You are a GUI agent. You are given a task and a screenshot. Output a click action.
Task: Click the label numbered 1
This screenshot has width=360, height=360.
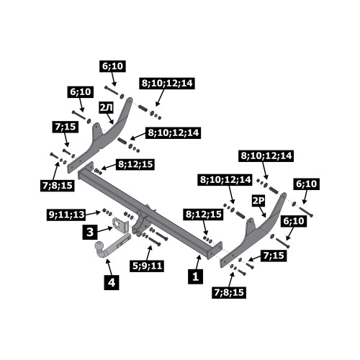196,276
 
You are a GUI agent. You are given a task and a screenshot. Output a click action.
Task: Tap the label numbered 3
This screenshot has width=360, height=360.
90,232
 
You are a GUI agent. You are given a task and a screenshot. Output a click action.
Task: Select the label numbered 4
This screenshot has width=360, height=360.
112,282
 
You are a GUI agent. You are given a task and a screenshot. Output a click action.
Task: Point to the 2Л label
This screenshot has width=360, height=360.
107,109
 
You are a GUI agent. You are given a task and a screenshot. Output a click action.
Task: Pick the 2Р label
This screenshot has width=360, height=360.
258,201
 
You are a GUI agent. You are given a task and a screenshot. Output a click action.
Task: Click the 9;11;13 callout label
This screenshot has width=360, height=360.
66,215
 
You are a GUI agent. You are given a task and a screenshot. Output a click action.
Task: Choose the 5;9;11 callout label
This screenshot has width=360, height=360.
147,266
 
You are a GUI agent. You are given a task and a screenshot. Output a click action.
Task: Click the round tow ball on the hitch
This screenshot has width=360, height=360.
99,247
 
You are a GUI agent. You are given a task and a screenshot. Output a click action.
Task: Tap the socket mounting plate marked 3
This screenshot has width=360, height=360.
119,225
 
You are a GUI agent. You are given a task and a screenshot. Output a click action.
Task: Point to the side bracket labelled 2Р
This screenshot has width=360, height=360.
254,230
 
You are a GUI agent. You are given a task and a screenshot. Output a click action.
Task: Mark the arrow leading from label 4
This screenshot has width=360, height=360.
108,267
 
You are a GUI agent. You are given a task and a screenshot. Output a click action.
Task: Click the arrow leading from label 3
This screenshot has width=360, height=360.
105,229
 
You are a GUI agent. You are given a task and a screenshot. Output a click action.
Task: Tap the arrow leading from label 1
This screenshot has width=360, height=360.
198,262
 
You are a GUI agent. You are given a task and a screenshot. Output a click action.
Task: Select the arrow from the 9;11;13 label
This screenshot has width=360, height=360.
93,212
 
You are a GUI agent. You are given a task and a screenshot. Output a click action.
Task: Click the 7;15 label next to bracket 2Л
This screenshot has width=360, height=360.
66,127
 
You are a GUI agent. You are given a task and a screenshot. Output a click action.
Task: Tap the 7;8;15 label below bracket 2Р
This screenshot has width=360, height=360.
229,292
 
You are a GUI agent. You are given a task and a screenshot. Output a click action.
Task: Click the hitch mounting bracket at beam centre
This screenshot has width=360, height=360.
142,223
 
